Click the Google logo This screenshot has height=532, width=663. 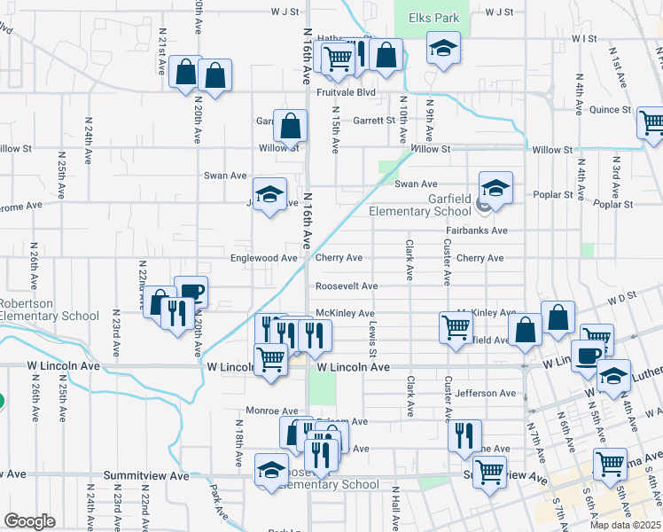[29, 521]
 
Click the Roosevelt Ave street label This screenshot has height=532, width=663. [347, 286]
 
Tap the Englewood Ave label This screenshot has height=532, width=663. [264, 258]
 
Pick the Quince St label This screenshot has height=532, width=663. [610, 111]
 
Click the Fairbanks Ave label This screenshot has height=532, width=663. [476, 231]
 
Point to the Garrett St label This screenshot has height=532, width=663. [373, 121]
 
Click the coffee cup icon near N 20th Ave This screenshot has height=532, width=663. [191, 290]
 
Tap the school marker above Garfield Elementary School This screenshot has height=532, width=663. [496, 187]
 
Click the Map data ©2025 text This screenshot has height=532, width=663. [625, 525]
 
